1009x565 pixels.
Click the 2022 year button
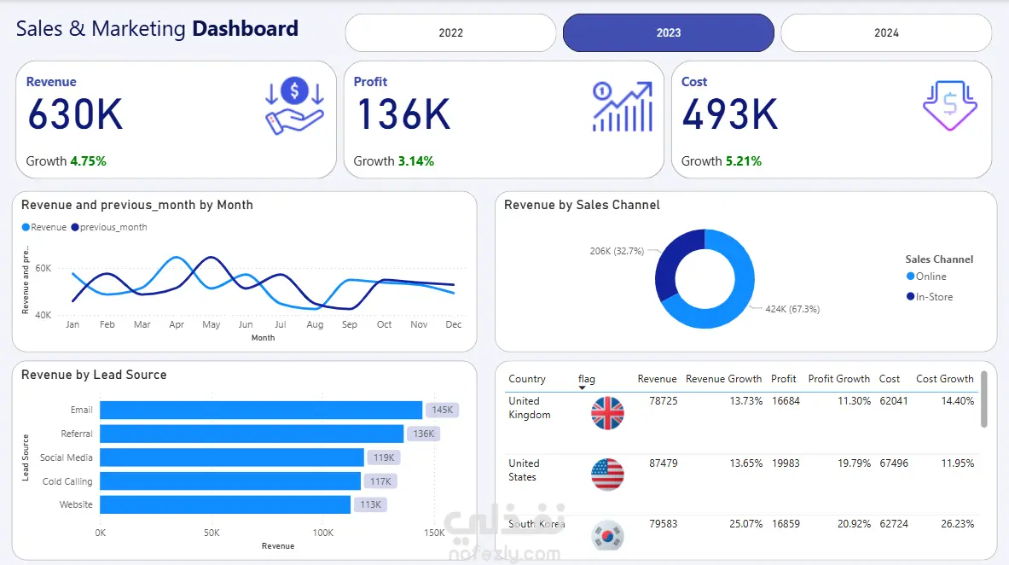(x=450, y=32)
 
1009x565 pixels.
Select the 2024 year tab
(x=886, y=32)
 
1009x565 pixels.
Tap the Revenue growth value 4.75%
(x=88, y=160)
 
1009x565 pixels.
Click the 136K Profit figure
(x=403, y=114)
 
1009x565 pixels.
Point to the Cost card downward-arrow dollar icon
(x=949, y=106)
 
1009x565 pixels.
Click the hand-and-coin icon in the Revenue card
(x=294, y=107)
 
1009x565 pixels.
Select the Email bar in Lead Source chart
(x=261, y=410)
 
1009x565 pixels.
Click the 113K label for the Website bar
(x=370, y=504)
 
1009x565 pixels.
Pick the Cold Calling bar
(x=230, y=481)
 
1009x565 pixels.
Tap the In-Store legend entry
(x=934, y=297)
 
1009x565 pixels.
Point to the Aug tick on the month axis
(x=314, y=324)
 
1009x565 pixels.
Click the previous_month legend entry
(x=113, y=227)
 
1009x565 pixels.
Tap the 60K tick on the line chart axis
(x=43, y=268)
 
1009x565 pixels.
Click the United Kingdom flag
(x=607, y=413)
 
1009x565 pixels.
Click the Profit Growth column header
(x=838, y=379)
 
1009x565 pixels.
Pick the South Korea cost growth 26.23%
(x=955, y=523)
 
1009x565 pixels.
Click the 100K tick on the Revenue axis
(x=322, y=533)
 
